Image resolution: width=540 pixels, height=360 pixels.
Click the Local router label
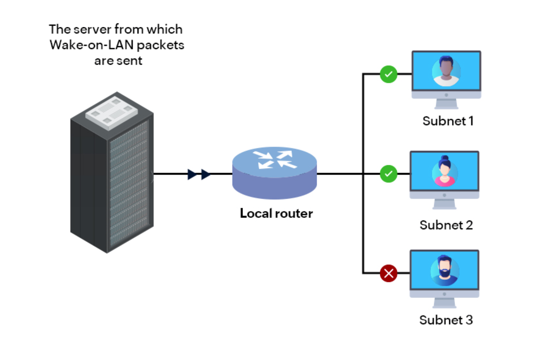coord(276,213)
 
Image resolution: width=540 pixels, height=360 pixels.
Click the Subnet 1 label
coord(448,121)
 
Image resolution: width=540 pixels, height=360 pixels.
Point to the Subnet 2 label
coord(446,225)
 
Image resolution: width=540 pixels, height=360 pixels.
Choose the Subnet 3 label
coord(446,320)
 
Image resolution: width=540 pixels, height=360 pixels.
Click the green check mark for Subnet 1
coord(389,74)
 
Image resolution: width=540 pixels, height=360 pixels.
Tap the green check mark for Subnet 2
coord(389,174)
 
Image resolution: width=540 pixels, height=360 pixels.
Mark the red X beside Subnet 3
coord(389,274)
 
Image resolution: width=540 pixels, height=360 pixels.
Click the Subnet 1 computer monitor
coord(446,78)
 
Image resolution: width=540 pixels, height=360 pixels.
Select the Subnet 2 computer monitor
coord(445,178)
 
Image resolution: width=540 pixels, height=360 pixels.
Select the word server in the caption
coord(96,29)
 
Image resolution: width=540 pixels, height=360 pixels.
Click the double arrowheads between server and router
coord(199,174)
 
